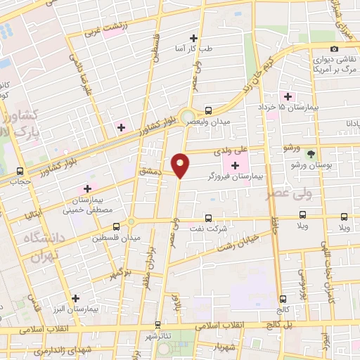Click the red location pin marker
pos(181,164)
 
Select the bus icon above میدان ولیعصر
pos(208,110)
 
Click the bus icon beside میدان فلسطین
pos(117,226)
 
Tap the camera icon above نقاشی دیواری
pos(334,49)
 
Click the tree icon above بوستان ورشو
pos(311,153)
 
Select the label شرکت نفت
pos(209,229)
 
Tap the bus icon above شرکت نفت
pos(208,218)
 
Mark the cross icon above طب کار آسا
pos(194,38)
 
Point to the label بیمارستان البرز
pos(75,309)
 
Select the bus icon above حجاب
pos(19,171)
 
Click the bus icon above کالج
pos(283,298)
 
